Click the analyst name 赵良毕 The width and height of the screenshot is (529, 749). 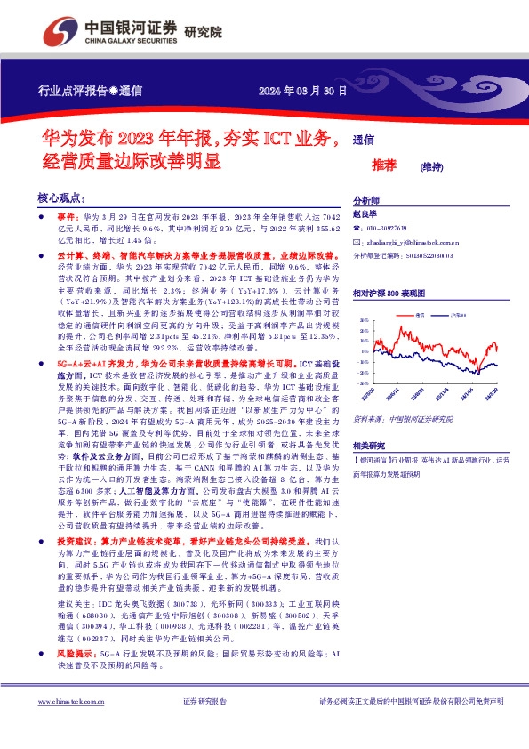tap(366, 213)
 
